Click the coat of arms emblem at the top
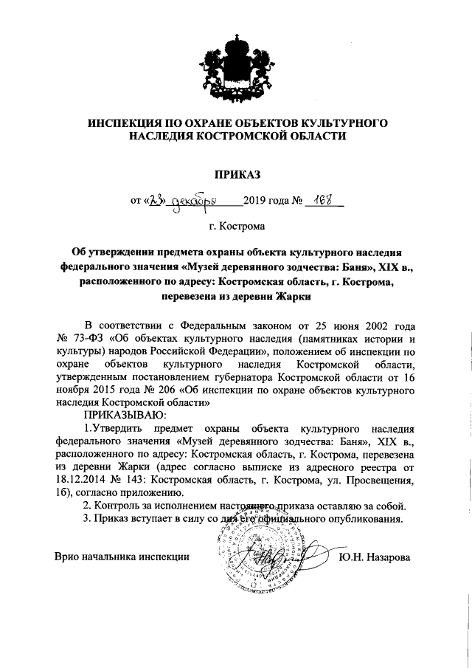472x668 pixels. pos(236,64)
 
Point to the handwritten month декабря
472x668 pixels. pos(194,202)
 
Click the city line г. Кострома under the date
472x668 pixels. pos(237,225)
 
